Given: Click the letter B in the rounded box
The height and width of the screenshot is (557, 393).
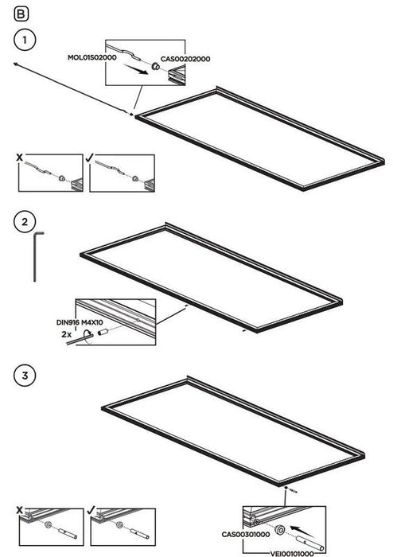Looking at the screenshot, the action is pyautogui.click(x=21, y=14).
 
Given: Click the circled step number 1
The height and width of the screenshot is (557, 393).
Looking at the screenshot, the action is pyautogui.click(x=25, y=40).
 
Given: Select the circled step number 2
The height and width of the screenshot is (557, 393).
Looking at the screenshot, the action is pyautogui.click(x=25, y=222).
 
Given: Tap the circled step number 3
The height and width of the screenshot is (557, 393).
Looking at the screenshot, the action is pyautogui.click(x=25, y=376).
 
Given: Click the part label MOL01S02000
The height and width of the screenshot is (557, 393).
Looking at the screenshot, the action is pyautogui.click(x=92, y=57).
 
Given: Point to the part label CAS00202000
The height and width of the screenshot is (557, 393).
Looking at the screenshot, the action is pyautogui.click(x=185, y=59).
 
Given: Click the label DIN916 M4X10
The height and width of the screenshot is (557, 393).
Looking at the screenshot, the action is pyautogui.click(x=80, y=322).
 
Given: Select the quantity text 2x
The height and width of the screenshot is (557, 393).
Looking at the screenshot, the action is pyautogui.click(x=66, y=334).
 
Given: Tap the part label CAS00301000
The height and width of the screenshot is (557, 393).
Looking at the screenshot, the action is pyautogui.click(x=246, y=534).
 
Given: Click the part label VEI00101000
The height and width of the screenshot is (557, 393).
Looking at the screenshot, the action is pyautogui.click(x=292, y=554).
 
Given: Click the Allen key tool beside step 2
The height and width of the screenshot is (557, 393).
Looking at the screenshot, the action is pyautogui.click(x=37, y=256).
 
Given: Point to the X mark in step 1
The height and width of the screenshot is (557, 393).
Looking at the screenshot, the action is pyautogui.click(x=20, y=158).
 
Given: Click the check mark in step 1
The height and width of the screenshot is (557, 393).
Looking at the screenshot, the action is pyautogui.click(x=89, y=158).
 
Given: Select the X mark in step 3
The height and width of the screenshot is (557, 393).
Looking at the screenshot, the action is pyautogui.click(x=20, y=511).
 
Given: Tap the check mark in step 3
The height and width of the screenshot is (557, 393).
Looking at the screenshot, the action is pyautogui.click(x=91, y=511).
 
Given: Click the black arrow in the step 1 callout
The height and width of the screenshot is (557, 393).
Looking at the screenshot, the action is pyautogui.click(x=135, y=69).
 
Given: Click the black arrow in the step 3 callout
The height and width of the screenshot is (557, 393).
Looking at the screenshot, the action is pyautogui.click(x=303, y=531).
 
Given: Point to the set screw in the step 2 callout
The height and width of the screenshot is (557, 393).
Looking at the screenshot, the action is pyautogui.click(x=103, y=333).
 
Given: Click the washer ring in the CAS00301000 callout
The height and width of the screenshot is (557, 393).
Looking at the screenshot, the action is pyautogui.click(x=281, y=530).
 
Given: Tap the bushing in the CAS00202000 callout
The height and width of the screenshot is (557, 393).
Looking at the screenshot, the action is pyautogui.click(x=155, y=66).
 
